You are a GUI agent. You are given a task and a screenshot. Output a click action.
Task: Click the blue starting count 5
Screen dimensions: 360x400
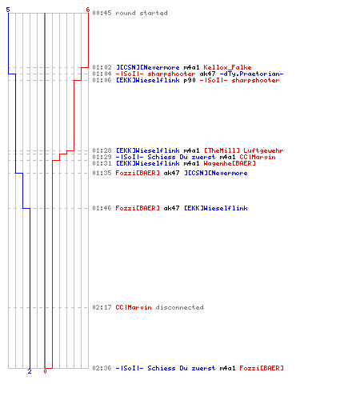click(x=8, y=10)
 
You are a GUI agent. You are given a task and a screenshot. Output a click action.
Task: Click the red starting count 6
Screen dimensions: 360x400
click(x=88, y=10)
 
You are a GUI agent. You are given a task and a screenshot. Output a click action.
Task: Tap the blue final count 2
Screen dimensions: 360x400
click(x=30, y=371)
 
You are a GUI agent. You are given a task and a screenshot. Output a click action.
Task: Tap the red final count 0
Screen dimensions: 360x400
click(x=45, y=371)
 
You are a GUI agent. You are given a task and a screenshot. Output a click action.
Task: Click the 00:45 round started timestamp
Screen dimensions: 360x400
click(x=102, y=13)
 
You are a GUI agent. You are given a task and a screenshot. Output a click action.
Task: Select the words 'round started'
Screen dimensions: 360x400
click(x=142, y=13)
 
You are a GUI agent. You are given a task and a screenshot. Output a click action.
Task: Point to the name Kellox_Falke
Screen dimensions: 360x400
click(x=227, y=67)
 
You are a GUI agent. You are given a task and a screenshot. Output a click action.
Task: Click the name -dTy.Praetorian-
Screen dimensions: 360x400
click(x=251, y=74)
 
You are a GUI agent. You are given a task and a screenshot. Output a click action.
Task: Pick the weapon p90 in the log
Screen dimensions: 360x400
click(x=190, y=80)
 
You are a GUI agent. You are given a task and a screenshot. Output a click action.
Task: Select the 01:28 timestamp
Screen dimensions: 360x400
click(x=102, y=150)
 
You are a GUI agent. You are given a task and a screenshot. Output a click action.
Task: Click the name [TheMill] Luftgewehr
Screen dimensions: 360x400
click(x=244, y=150)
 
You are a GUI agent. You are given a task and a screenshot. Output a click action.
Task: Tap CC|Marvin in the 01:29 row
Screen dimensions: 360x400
click(x=258, y=157)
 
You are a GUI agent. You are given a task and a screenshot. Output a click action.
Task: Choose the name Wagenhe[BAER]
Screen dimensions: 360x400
click(x=230, y=163)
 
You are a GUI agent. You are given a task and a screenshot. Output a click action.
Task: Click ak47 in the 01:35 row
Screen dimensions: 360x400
click(x=171, y=173)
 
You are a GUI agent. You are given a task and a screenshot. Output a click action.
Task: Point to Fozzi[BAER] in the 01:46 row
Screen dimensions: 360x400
click(x=138, y=208)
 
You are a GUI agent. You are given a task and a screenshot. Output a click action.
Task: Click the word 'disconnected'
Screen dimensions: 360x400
click(x=180, y=307)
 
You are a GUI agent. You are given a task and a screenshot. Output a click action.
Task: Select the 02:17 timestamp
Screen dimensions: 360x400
click(x=102, y=307)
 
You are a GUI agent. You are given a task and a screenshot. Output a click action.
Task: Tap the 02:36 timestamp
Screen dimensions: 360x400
click(x=102, y=368)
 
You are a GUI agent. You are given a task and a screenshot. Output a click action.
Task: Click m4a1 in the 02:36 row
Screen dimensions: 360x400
click(x=227, y=368)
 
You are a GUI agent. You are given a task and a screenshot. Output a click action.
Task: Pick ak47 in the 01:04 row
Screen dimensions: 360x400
click(x=207, y=74)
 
